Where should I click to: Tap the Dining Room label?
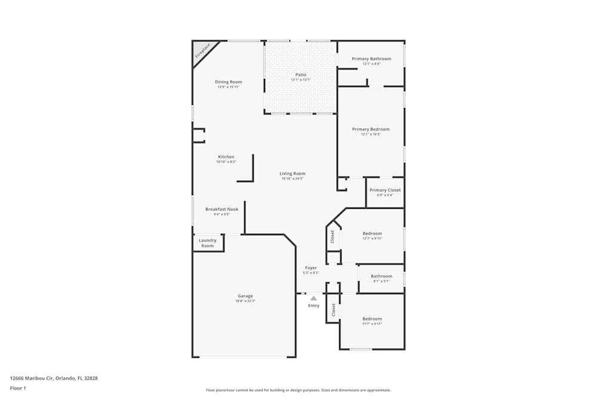[229, 82]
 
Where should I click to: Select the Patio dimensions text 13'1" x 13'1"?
[301, 79]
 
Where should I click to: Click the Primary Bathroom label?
[371, 58]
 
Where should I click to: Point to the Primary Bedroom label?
[371, 129]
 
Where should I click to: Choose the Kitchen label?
[226, 157]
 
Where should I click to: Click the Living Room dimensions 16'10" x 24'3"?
[293, 178]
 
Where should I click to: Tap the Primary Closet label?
[385, 190]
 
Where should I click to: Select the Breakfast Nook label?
[221, 209]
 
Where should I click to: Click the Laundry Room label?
[208, 243]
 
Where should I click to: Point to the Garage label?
[245, 296]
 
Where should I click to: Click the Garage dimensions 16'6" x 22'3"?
[245, 301]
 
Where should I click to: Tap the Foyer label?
[311, 268]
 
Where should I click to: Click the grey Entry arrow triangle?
[313, 298]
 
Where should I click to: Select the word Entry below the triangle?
[313, 306]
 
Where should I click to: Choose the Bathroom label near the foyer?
[381, 276]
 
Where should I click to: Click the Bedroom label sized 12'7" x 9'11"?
[373, 233]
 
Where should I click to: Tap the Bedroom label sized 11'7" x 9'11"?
[372, 319]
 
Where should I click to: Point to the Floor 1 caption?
[18, 388]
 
